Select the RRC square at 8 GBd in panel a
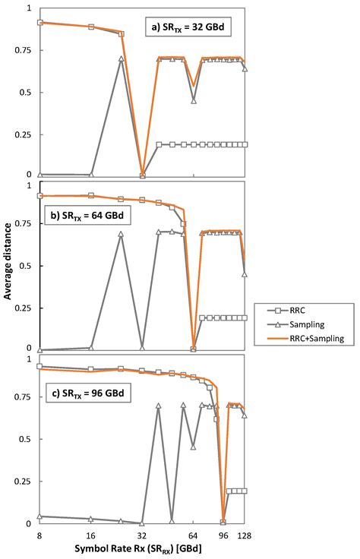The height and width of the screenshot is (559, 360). (39, 23)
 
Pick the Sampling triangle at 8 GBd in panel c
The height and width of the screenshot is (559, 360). (39, 516)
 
